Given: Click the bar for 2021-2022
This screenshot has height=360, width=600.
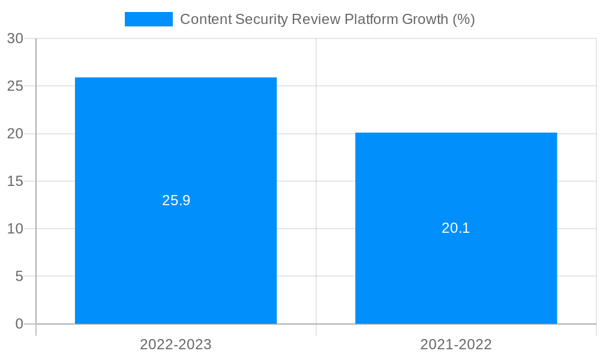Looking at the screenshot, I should (x=456, y=180).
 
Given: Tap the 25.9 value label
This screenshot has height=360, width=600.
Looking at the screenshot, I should (x=176, y=201).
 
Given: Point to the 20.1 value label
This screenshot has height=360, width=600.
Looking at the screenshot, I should (x=456, y=229).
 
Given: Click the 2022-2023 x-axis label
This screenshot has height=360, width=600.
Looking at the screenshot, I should (x=176, y=345).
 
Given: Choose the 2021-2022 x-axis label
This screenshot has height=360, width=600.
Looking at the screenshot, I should (x=456, y=345).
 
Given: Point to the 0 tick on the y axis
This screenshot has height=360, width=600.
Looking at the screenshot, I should (x=19, y=324).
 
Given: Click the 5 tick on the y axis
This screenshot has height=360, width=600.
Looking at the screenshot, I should (x=19, y=277).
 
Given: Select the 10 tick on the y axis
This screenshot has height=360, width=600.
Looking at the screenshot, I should (x=15, y=229).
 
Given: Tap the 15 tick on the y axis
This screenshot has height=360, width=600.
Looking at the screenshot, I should (x=15, y=181).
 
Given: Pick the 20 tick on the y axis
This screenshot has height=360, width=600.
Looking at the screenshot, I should (x=15, y=134).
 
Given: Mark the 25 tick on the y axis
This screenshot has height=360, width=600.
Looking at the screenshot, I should (x=15, y=86).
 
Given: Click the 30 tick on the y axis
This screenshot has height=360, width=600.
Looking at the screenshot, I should (x=15, y=39).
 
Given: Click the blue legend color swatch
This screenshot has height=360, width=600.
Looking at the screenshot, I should (x=149, y=19).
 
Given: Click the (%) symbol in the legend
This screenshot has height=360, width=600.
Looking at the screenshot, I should (x=464, y=19).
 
